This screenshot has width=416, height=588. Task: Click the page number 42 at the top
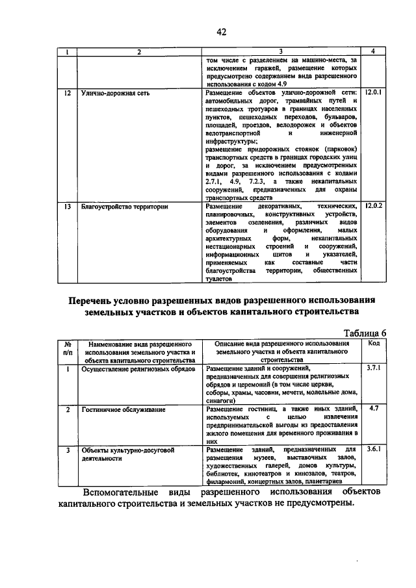[x=221, y=32]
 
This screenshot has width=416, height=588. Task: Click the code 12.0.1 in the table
[x=374, y=94]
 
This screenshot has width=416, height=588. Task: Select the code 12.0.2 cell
[x=374, y=207]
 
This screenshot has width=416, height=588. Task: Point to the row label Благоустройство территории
[x=124, y=207]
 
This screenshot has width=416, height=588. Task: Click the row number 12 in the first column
[x=68, y=94]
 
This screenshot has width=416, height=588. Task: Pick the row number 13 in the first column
[x=68, y=207]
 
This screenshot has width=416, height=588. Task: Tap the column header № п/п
[x=68, y=348]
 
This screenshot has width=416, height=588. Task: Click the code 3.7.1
[x=373, y=368]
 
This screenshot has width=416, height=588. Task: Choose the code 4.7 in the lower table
[x=373, y=409]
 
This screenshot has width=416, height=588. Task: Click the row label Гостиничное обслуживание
[x=123, y=410]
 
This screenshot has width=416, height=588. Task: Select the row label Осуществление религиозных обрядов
[x=137, y=369]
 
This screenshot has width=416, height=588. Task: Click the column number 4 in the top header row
[x=373, y=51]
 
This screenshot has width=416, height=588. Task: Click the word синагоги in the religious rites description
[x=222, y=401]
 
